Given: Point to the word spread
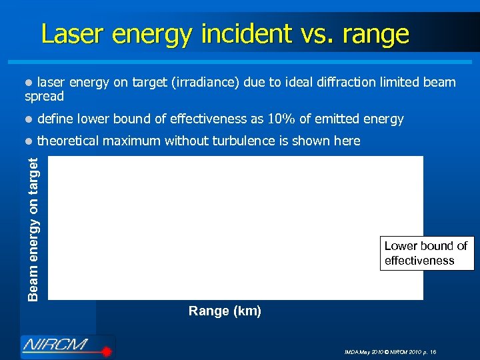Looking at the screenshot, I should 44,97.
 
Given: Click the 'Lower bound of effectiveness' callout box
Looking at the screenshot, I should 426,253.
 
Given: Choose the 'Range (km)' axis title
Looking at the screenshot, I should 225,311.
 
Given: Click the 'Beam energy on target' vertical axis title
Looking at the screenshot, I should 34,227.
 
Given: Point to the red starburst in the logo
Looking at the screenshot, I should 104,349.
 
